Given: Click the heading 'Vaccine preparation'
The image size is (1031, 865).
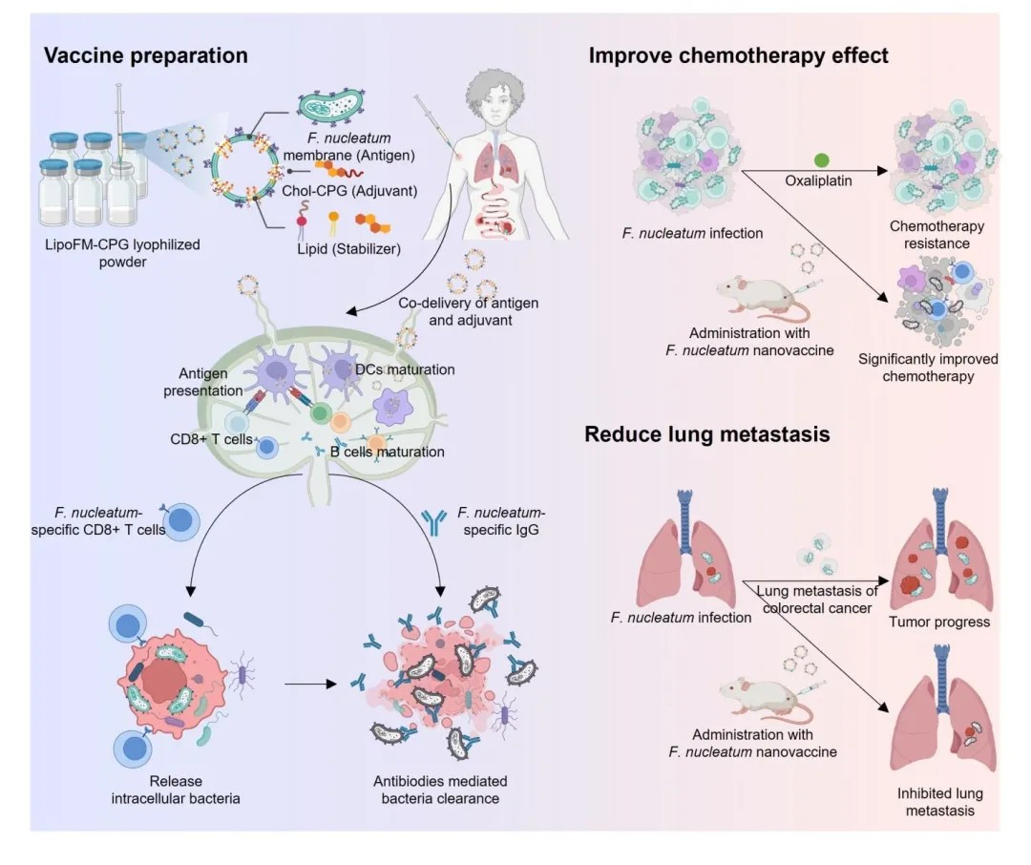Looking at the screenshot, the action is [145, 55].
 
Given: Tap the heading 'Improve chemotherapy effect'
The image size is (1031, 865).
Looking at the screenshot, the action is [738, 55].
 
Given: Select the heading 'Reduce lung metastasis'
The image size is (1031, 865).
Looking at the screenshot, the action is [706, 434].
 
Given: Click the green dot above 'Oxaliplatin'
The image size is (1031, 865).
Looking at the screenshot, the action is [822, 159].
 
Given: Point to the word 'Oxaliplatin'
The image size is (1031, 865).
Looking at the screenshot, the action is [819, 180].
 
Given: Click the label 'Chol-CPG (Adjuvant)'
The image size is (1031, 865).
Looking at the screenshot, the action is [349, 191].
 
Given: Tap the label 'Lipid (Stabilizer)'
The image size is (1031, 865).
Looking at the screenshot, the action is [348, 249].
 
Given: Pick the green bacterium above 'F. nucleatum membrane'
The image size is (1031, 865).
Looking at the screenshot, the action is [330, 105].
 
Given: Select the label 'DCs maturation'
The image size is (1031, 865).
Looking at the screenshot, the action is [405, 369].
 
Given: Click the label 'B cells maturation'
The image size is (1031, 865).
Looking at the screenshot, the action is [388, 452].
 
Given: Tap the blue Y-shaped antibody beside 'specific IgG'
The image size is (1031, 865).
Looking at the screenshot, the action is [433, 522].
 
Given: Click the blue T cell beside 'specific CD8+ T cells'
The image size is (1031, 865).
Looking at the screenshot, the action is [179, 521].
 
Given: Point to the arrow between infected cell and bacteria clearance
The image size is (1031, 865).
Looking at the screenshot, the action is [310, 685].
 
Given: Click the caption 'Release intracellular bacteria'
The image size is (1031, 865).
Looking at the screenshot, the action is [176, 790].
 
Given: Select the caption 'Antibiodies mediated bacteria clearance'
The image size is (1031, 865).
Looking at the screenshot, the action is [440, 790].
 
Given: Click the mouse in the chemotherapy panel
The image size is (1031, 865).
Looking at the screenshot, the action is [762, 298].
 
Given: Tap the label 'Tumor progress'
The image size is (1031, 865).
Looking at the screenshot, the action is [939, 622].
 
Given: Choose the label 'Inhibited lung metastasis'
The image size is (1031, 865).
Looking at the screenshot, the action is [940, 802].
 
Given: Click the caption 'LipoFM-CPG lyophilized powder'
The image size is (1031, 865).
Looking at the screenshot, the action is [122, 253].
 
